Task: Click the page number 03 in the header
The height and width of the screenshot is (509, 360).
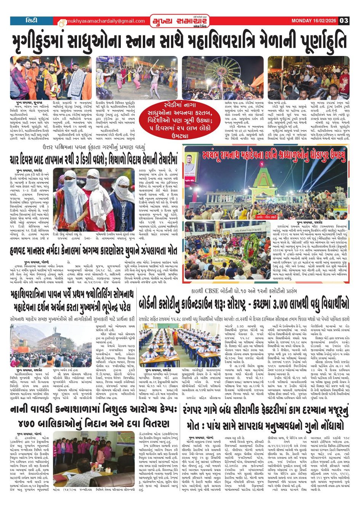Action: [344, 21]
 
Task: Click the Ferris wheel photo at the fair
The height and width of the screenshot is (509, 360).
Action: [222, 78]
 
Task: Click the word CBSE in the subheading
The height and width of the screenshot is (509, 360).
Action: [216, 292]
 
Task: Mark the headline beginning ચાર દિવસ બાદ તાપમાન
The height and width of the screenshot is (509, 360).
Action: [93, 159]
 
